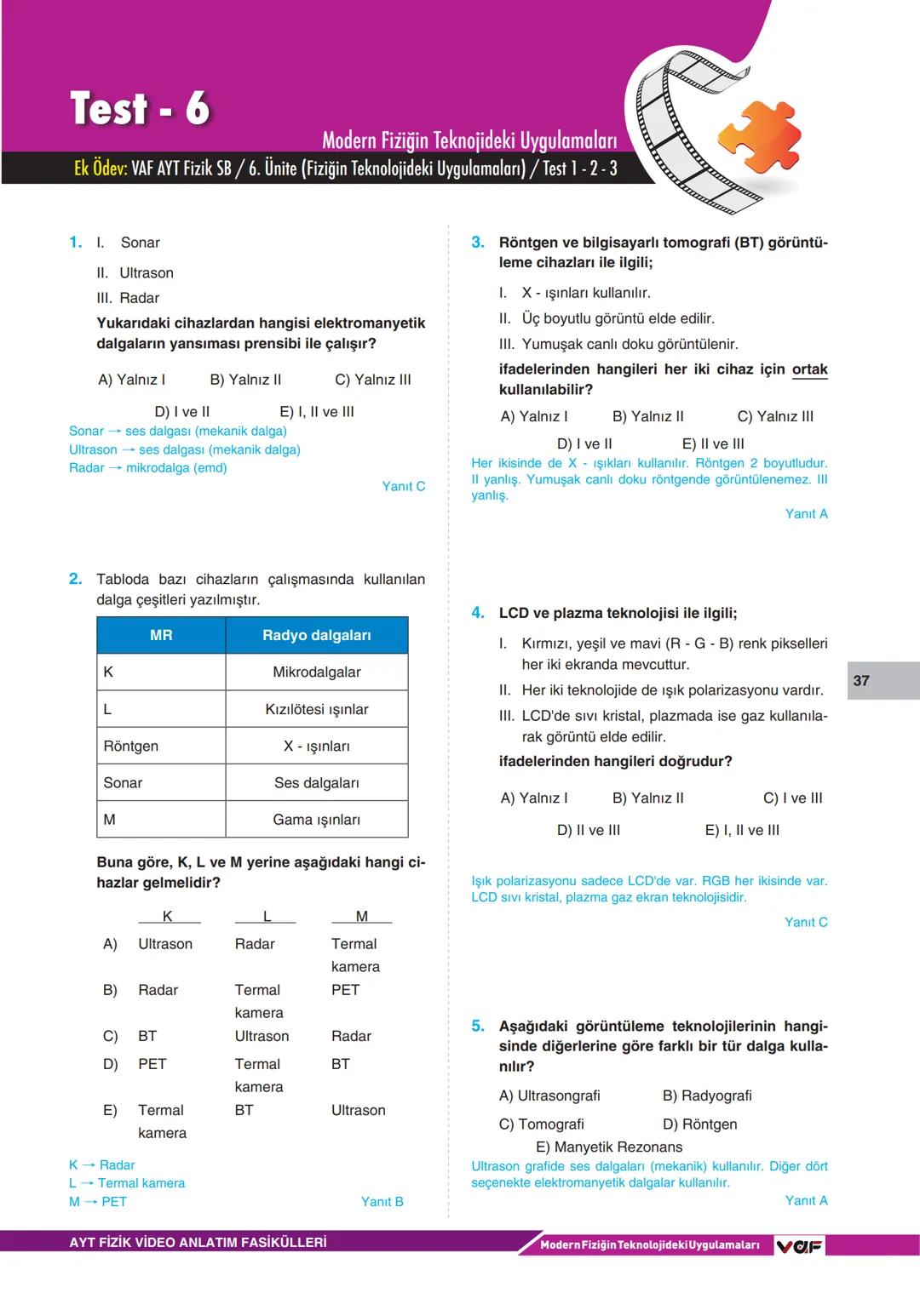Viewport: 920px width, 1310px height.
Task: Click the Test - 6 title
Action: click(x=141, y=109)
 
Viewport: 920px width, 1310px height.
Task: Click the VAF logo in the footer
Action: click(x=799, y=1245)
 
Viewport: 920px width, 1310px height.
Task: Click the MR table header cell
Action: click(x=161, y=635)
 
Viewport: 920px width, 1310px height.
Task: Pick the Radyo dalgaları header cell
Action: click(x=316, y=635)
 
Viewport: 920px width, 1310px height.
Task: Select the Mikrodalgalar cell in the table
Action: click(x=316, y=672)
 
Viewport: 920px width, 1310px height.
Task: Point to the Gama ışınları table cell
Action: click(x=316, y=820)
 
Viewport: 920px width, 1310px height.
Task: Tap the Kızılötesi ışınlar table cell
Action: click(x=316, y=709)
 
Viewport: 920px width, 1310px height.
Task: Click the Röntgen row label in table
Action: click(x=131, y=746)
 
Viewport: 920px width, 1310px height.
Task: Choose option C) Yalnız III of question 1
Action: click(x=372, y=380)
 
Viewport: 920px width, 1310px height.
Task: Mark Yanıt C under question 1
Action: click(x=403, y=486)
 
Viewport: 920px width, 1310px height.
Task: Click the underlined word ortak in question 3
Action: click(x=809, y=369)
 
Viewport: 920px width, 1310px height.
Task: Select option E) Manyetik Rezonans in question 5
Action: click(x=608, y=1147)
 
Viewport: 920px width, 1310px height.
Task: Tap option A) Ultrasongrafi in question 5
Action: click(x=549, y=1095)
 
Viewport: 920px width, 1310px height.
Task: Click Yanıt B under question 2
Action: click(x=382, y=1201)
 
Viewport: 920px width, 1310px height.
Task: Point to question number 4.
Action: click(x=478, y=613)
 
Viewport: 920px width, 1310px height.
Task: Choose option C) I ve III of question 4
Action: click(x=792, y=798)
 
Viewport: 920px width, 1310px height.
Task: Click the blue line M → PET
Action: click(x=98, y=1201)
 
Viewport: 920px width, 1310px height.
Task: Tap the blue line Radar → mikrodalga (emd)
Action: click(x=147, y=467)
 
